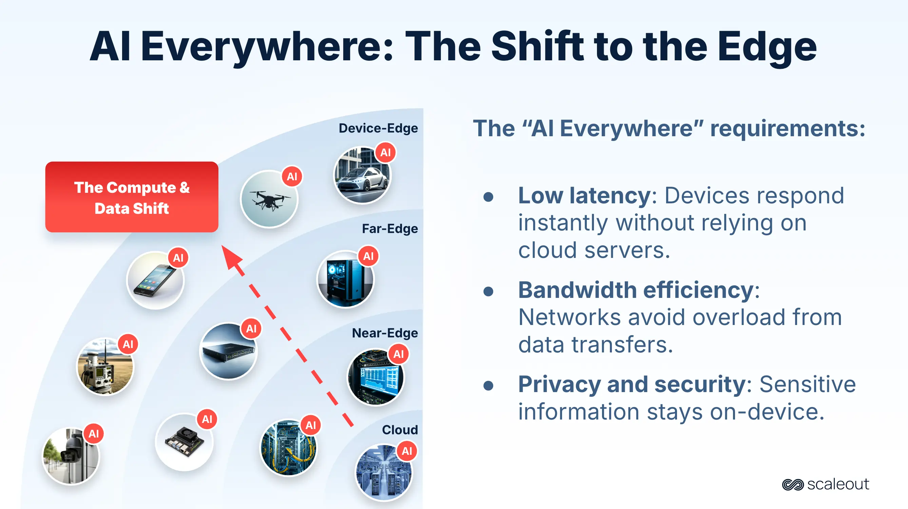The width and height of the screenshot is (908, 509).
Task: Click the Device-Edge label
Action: click(378, 128)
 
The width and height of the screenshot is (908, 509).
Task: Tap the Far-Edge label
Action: click(389, 229)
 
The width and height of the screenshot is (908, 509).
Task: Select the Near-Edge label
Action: click(385, 333)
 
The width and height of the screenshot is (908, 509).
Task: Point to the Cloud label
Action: click(400, 430)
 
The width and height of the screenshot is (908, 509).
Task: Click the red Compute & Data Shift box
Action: click(132, 197)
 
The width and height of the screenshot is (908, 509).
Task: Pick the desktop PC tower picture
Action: click(345, 279)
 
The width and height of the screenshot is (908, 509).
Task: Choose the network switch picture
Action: click(228, 351)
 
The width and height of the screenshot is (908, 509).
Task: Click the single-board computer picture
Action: click(184, 443)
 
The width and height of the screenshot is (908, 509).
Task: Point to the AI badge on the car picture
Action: click(385, 152)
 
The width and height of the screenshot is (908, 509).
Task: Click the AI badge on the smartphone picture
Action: click(178, 258)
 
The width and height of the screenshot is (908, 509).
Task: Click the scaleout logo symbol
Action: click(792, 485)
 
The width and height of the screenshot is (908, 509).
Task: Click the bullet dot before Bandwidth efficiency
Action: click(488, 291)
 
